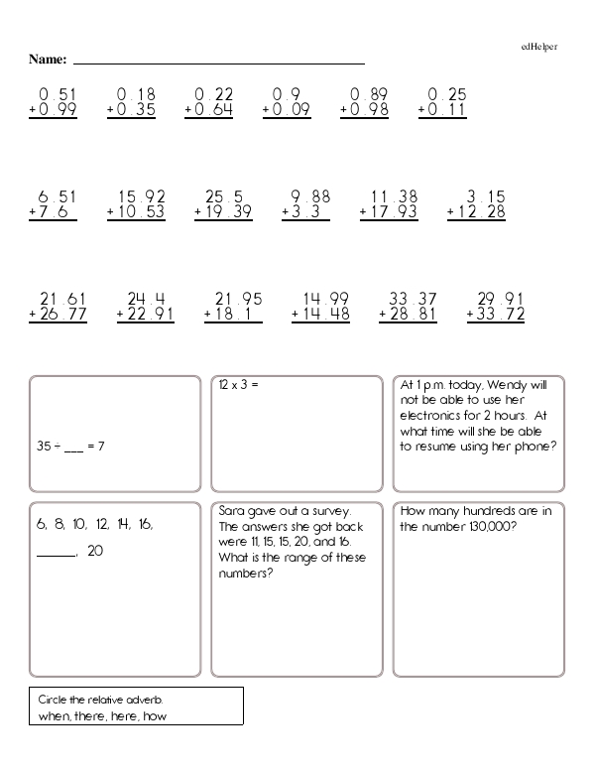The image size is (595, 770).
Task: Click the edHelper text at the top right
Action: click(541, 47)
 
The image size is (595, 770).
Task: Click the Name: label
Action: click(47, 60)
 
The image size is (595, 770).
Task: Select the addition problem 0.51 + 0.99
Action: click(54, 103)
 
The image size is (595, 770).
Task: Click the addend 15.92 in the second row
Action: click(142, 196)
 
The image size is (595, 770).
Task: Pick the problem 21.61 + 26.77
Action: click(59, 308)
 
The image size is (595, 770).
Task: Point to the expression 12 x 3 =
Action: click(238, 384)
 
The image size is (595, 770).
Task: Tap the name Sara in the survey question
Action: click(232, 511)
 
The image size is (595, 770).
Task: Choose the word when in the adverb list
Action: click(51, 715)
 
